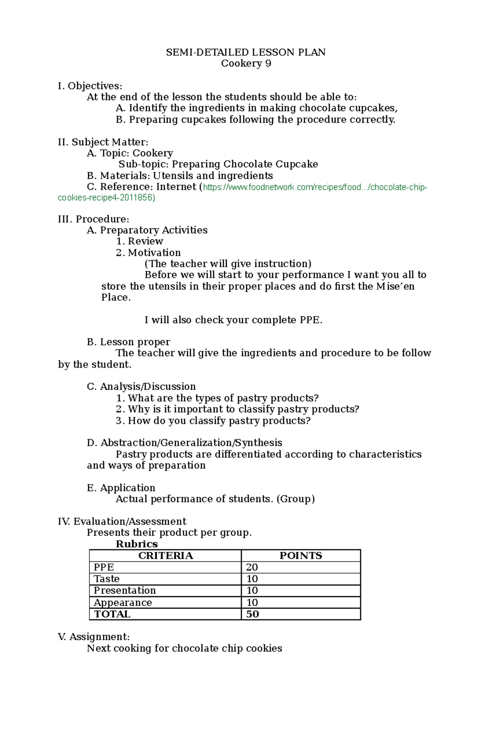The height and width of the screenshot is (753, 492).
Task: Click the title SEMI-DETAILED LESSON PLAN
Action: pyautogui.click(x=246, y=52)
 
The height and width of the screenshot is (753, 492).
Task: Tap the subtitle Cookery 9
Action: pyautogui.click(x=246, y=63)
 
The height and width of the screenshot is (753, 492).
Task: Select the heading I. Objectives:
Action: pyautogui.click(x=90, y=86)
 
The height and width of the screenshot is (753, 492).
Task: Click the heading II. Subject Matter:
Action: pyautogui.click(x=103, y=142)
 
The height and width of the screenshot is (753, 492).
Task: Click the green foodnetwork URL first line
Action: pyautogui.click(x=315, y=187)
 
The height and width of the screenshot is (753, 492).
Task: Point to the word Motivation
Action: pyautogui.click(x=154, y=252)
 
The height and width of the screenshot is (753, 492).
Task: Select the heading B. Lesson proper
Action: pyautogui.click(x=128, y=342)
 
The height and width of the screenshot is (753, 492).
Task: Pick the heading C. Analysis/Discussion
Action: pyautogui.click(x=141, y=387)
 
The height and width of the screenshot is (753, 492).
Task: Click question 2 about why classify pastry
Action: pyautogui.click(x=243, y=409)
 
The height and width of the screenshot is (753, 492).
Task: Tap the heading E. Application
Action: pyautogui.click(x=121, y=488)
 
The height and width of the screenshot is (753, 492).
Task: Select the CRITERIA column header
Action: pyautogui.click(x=165, y=556)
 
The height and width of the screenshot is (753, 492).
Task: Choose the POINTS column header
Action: pyautogui.click(x=301, y=556)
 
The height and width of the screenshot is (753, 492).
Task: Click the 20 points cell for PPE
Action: pyautogui.click(x=252, y=567)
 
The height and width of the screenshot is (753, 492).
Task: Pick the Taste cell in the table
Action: pyautogui.click(x=107, y=579)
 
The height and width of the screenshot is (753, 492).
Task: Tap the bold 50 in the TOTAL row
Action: pyautogui.click(x=253, y=614)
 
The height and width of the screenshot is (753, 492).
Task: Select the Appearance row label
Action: pyautogui.click(x=123, y=602)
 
